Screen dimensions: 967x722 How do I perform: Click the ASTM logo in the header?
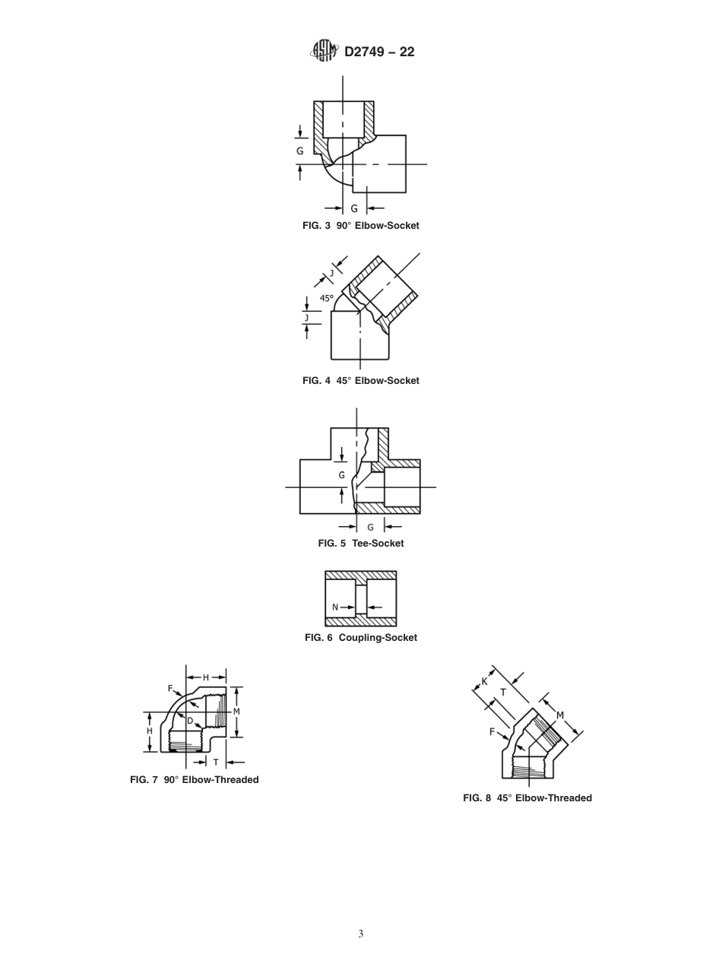[324, 51]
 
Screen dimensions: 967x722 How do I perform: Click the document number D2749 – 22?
[379, 52]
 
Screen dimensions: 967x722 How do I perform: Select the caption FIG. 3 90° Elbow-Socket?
[360, 226]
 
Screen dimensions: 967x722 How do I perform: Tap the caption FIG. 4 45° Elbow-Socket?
[360, 381]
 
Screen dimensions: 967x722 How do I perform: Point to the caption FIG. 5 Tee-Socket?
[360, 544]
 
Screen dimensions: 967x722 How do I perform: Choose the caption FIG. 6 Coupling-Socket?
[360, 638]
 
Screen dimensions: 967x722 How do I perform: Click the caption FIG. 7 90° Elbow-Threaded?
[194, 780]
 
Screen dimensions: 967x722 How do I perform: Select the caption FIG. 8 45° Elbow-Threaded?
[527, 798]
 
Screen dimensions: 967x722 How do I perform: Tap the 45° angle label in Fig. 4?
[326, 299]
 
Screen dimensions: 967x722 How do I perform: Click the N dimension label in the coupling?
[335, 607]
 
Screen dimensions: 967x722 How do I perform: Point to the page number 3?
[361, 934]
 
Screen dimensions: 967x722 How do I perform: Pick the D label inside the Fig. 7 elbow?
[190, 721]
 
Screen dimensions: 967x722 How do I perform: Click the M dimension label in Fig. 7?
[236, 712]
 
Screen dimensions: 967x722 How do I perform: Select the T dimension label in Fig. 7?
[216, 763]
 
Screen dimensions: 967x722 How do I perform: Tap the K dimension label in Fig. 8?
[484, 682]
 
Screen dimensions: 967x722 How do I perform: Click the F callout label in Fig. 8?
[492, 732]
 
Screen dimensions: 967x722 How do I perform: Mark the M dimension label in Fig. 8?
[560, 715]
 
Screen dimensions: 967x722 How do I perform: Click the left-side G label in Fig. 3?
[300, 151]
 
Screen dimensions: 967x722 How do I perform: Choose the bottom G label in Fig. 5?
[371, 528]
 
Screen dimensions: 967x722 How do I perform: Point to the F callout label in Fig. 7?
[170, 689]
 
